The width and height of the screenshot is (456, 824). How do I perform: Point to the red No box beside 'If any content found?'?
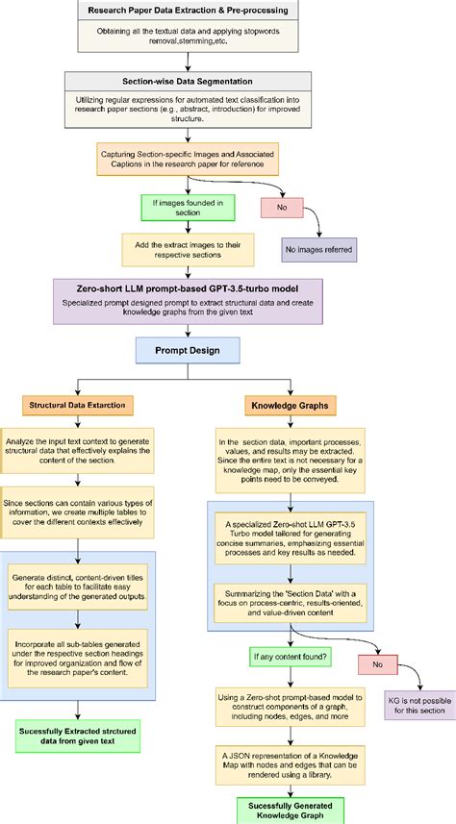point(376,662)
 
